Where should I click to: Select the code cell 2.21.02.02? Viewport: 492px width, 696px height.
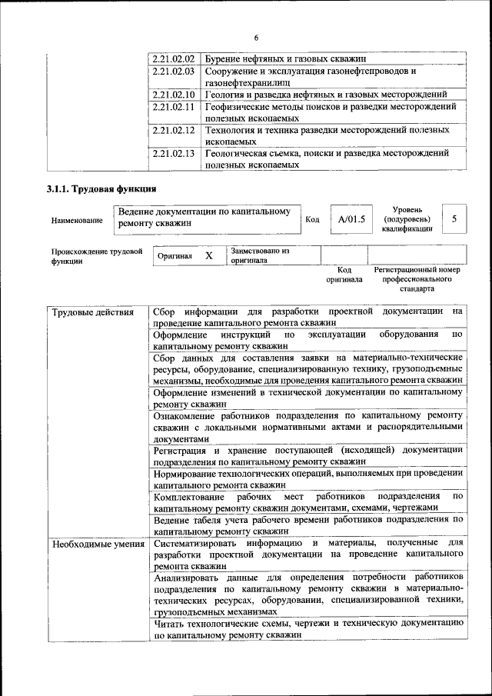coord(172,58)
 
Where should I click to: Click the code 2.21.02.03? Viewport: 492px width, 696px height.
coord(172,71)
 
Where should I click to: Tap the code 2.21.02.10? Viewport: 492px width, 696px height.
coord(172,95)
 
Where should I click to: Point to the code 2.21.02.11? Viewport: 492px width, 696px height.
coord(172,107)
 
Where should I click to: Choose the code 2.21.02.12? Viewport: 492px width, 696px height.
coord(172,131)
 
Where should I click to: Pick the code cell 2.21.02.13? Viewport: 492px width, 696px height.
coord(172,154)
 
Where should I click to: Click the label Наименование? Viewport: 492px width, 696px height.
coord(77,221)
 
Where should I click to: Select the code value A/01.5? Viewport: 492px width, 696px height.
coord(351,219)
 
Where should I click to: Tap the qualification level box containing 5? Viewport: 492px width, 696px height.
coord(454,219)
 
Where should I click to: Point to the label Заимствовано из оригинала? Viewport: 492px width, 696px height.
coord(260,255)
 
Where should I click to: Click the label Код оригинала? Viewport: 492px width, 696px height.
coord(344,275)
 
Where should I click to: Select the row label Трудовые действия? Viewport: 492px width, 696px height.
coord(82,312)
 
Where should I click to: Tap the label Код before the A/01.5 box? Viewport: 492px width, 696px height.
coord(312,220)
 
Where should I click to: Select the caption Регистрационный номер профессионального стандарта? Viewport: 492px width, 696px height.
coord(416,279)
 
